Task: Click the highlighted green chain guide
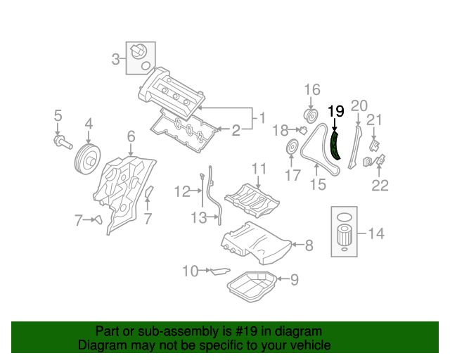point(335,144)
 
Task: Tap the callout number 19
point(336,110)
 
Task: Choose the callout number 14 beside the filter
point(376,233)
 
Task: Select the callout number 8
point(309,245)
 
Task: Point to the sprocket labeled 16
point(308,115)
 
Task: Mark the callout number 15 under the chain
point(319,184)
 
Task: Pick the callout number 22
point(380,186)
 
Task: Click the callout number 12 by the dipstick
point(183,191)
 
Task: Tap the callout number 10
point(190,271)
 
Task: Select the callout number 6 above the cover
point(131,136)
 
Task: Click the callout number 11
point(259,168)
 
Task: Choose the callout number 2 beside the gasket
point(236,129)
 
